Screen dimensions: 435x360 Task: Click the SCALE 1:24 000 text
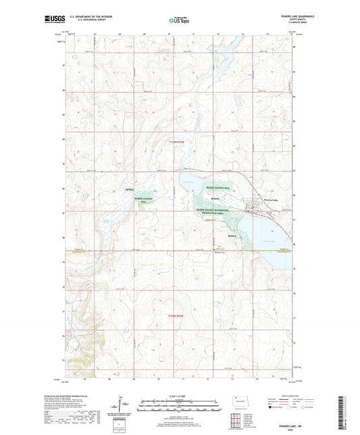pos(179,396)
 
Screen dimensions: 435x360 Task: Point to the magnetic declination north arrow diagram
pos(121,407)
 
